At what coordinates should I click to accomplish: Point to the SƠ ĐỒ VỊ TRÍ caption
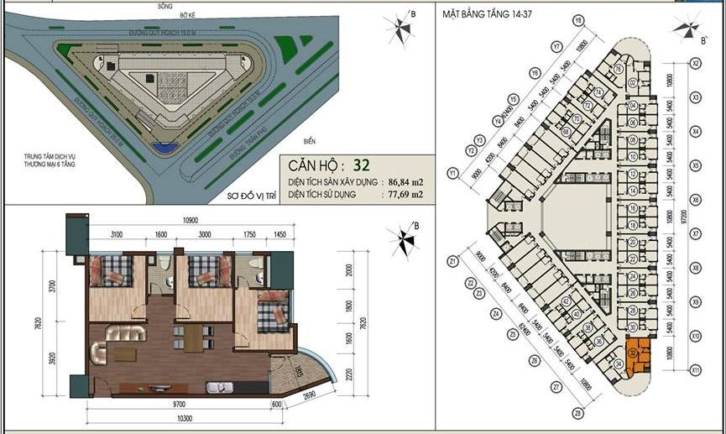(252, 195)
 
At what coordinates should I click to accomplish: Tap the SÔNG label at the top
(152, 5)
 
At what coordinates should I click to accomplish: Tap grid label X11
(695, 369)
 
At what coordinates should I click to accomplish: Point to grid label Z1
(452, 260)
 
